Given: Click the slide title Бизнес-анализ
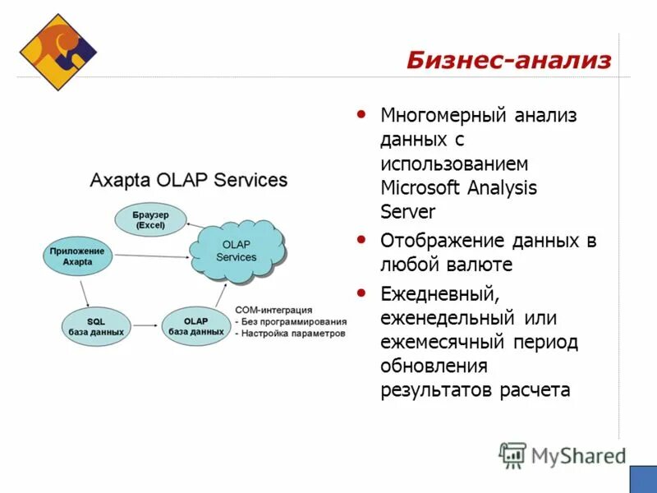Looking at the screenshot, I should click(x=508, y=60).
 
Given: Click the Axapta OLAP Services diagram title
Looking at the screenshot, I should click(x=188, y=180).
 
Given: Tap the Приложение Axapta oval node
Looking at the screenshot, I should click(x=76, y=256).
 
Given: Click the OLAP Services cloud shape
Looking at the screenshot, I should click(x=237, y=251).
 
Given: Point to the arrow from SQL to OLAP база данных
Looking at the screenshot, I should click(x=145, y=325).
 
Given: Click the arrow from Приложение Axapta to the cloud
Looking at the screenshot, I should click(x=151, y=256).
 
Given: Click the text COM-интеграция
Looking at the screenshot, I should click(x=273, y=310).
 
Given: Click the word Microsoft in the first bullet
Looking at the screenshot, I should click(x=421, y=187).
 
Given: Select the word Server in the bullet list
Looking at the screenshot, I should click(x=407, y=211).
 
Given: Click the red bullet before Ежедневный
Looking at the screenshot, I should click(x=362, y=292).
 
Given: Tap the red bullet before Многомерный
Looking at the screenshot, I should click(x=362, y=114).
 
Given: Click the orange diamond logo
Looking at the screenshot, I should click(x=57, y=51).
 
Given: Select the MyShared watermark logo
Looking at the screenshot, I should click(x=563, y=455).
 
